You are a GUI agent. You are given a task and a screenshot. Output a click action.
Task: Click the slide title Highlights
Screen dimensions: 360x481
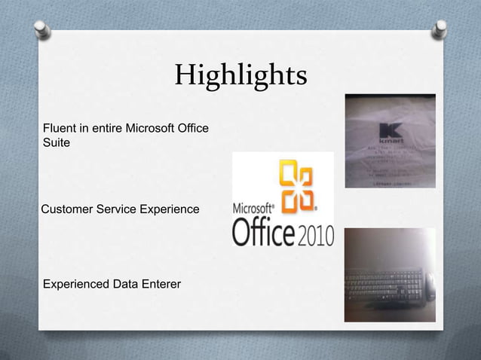[240, 75]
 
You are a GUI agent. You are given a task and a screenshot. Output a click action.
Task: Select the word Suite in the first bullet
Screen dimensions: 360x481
[57, 142]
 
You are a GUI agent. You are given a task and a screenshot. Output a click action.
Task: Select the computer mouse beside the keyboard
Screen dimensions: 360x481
[429, 285]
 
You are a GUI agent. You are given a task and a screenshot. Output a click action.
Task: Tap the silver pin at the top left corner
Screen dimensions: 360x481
[42, 29]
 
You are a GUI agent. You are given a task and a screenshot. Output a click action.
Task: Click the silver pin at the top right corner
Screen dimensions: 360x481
[439, 29]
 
